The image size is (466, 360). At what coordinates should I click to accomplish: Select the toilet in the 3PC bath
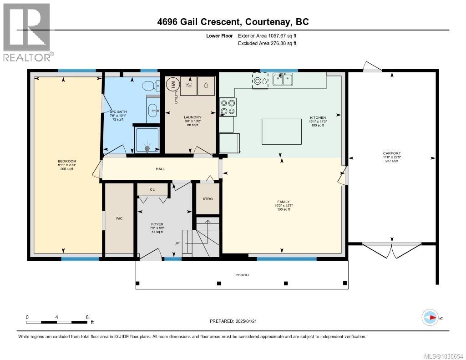150,86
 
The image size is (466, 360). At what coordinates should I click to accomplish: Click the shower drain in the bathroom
147,147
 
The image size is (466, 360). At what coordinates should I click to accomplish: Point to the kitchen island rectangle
282,132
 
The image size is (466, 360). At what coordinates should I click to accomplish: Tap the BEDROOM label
66,162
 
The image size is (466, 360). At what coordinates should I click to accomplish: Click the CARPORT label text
391,153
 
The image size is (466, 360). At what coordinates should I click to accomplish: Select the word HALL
160,169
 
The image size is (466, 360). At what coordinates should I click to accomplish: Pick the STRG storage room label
208,199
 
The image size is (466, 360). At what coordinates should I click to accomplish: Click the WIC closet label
119,218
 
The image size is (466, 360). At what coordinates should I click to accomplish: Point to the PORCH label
242,275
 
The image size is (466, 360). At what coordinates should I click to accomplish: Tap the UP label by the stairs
177,243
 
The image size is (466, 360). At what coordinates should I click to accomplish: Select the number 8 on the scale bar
87,317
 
